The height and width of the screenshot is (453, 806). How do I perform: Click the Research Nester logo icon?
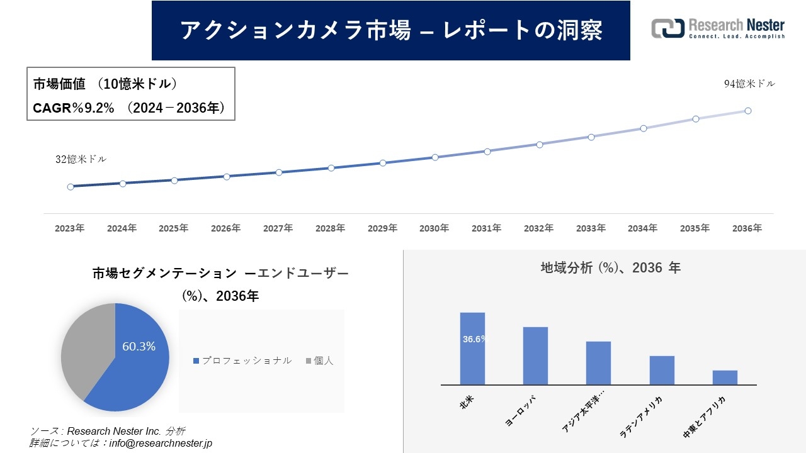click(x=667, y=28)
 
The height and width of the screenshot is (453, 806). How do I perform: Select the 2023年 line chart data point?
click(x=71, y=187)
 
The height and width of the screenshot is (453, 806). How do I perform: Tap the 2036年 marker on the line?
click(x=748, y=111)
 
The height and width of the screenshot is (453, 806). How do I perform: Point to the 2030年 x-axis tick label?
click(x=434, y=228)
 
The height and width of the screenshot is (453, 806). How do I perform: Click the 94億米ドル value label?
click(x=749, y=84)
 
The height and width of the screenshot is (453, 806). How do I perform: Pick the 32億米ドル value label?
click(x=81, y=159)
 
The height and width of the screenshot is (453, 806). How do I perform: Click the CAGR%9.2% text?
click(x=74, y=108)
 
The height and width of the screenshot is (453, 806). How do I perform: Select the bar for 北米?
click(x=472, y=348)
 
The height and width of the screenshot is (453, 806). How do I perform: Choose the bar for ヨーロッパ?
click(x=535, y=355)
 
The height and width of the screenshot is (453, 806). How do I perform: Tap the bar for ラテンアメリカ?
click(x=662, y=370)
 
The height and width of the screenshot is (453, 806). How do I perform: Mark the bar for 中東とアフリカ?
click(x=725, y=377)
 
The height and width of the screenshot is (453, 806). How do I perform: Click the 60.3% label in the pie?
click(x=139, y=346)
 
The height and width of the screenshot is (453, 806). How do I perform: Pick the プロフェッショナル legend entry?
click(x=242, y=361)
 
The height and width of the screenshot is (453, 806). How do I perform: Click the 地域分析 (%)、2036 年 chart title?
click(x=610, y=267)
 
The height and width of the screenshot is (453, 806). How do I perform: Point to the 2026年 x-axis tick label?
click(x=225, y=228)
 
